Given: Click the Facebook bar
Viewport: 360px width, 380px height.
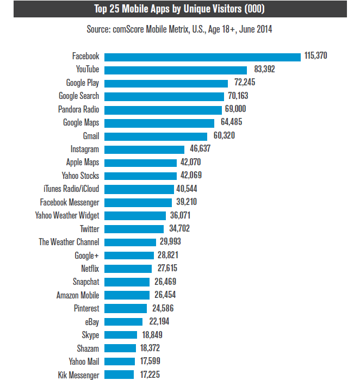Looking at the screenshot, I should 202,57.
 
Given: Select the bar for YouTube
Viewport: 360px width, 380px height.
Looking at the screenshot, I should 176,70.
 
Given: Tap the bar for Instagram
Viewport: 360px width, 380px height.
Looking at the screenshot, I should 144,149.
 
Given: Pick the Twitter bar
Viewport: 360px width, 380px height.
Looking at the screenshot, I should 134,229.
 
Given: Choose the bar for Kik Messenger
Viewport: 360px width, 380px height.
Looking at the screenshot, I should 119,375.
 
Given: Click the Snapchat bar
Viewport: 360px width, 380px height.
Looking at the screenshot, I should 127,282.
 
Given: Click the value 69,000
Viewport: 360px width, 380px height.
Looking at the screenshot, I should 239,109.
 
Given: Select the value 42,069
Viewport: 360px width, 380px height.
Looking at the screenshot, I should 194,176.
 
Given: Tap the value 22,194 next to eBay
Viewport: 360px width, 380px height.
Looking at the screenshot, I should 159,322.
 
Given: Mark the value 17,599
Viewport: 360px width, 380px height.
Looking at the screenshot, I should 152,362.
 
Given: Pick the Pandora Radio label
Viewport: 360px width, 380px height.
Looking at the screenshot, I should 79,109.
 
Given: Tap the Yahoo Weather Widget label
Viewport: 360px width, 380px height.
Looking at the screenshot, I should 67,215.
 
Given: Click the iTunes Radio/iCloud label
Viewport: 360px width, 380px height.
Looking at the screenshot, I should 71,189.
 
